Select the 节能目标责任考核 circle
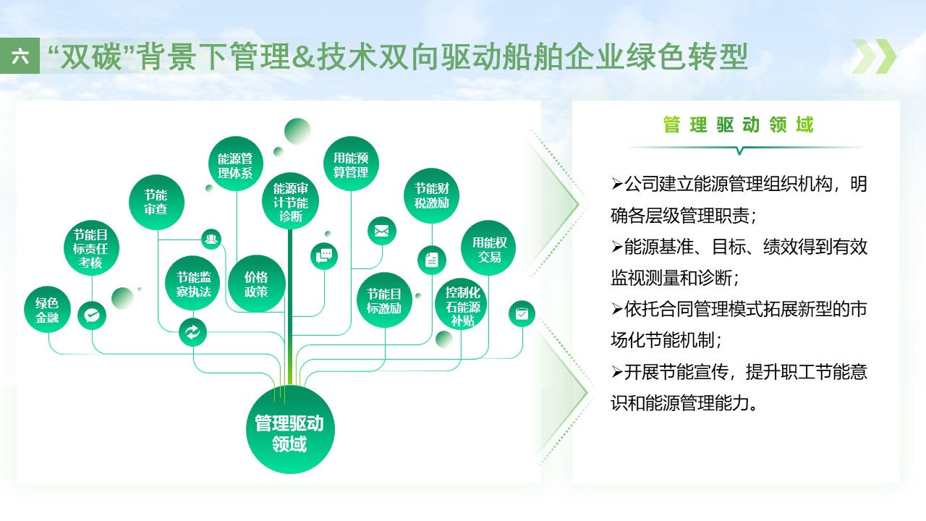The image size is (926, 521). click(91, 247)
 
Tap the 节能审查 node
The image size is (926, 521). click(156, 202)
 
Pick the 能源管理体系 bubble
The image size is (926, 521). click(235, 164)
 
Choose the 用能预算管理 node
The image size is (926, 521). click(351, 164)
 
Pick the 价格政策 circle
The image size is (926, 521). click(256, 284)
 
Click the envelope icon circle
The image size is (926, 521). click(382, 231)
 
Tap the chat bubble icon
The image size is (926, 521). click(324, 255)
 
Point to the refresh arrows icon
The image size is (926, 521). click(192, 332)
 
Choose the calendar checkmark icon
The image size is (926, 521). click(522, 314)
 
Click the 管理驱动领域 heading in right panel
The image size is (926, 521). click(738, 125)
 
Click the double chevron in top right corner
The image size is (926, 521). click(874, 56)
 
